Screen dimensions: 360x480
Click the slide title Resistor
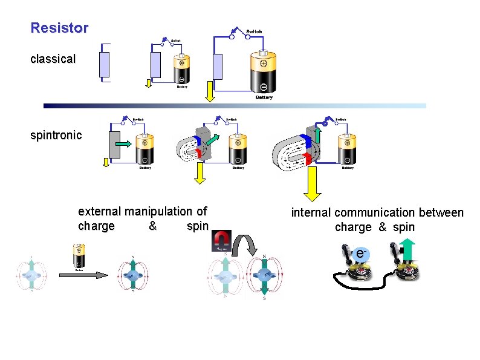click(x=59, y=28)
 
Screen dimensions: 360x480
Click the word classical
click(x=53, y=59)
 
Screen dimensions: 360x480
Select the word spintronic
click(x=56, y=135)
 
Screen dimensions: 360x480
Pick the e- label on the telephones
click(x=362, y=254)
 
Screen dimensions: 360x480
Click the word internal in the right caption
click(x=311, y=213)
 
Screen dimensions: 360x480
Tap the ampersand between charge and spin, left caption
click(x=152, y=226)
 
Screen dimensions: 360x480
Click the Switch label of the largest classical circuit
click(x=254, y=30)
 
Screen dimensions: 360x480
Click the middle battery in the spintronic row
click(x=237, y=150)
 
